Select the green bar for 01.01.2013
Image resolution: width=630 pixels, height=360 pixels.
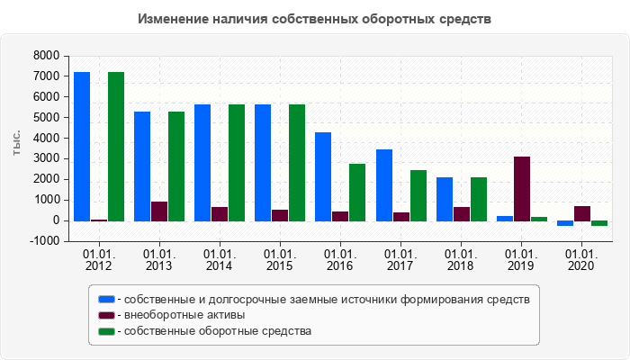176,166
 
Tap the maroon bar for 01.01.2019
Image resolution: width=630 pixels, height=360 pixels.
522,189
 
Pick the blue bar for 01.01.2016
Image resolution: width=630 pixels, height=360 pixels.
323,176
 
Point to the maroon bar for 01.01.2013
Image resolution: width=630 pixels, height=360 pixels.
159,211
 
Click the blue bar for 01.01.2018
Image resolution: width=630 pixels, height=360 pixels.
445,199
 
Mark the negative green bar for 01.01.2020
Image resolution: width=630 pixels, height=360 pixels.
599,223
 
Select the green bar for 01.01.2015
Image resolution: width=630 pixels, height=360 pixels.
297,162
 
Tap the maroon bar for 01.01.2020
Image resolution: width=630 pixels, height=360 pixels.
582,213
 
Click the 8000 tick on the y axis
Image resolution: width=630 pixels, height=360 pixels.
46,56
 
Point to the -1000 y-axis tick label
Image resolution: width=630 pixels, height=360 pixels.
44,241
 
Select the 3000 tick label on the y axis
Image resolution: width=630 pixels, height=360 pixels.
46,158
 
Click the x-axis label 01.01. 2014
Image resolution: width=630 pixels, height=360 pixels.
219,260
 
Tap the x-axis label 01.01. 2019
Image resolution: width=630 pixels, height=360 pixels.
521,260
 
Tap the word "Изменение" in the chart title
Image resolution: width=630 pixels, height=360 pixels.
174,19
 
